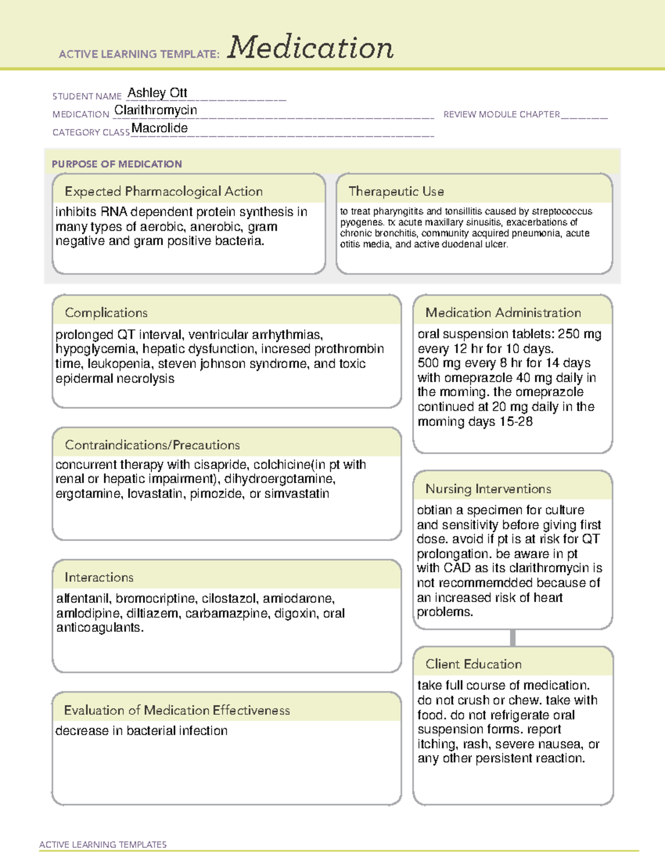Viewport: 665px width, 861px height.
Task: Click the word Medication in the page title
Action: [x=310, y=48]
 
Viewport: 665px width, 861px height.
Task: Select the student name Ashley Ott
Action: [x=157, y=93]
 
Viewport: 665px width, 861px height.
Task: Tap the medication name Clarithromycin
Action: [x=155, y=110]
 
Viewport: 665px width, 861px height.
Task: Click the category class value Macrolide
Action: [x=160, y=128]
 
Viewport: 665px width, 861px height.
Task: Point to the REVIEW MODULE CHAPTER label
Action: [x=502, y=114]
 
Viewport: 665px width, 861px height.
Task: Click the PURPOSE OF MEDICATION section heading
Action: [x=116, y=164]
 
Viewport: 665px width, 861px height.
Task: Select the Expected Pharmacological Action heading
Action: [x=163, y=191]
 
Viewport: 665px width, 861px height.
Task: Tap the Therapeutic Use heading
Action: [x=396, y=191]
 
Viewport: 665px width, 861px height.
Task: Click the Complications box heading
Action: [x=106, y=313]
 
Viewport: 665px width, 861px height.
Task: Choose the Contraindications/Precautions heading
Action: [x=152, y=445]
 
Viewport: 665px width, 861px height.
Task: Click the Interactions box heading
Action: [x=99, y=577]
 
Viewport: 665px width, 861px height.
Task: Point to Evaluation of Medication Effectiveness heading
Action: [x=177, y=710]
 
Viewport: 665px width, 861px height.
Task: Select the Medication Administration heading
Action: [x=503, y=313]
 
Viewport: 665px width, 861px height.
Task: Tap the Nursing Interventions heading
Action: [x=488, y=488]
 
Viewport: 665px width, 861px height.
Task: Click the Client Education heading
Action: [x=473, y=664]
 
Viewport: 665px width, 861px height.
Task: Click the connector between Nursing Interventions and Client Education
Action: [x=513, y=638]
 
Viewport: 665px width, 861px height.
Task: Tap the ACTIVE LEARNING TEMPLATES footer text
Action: [x=103, y=844]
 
